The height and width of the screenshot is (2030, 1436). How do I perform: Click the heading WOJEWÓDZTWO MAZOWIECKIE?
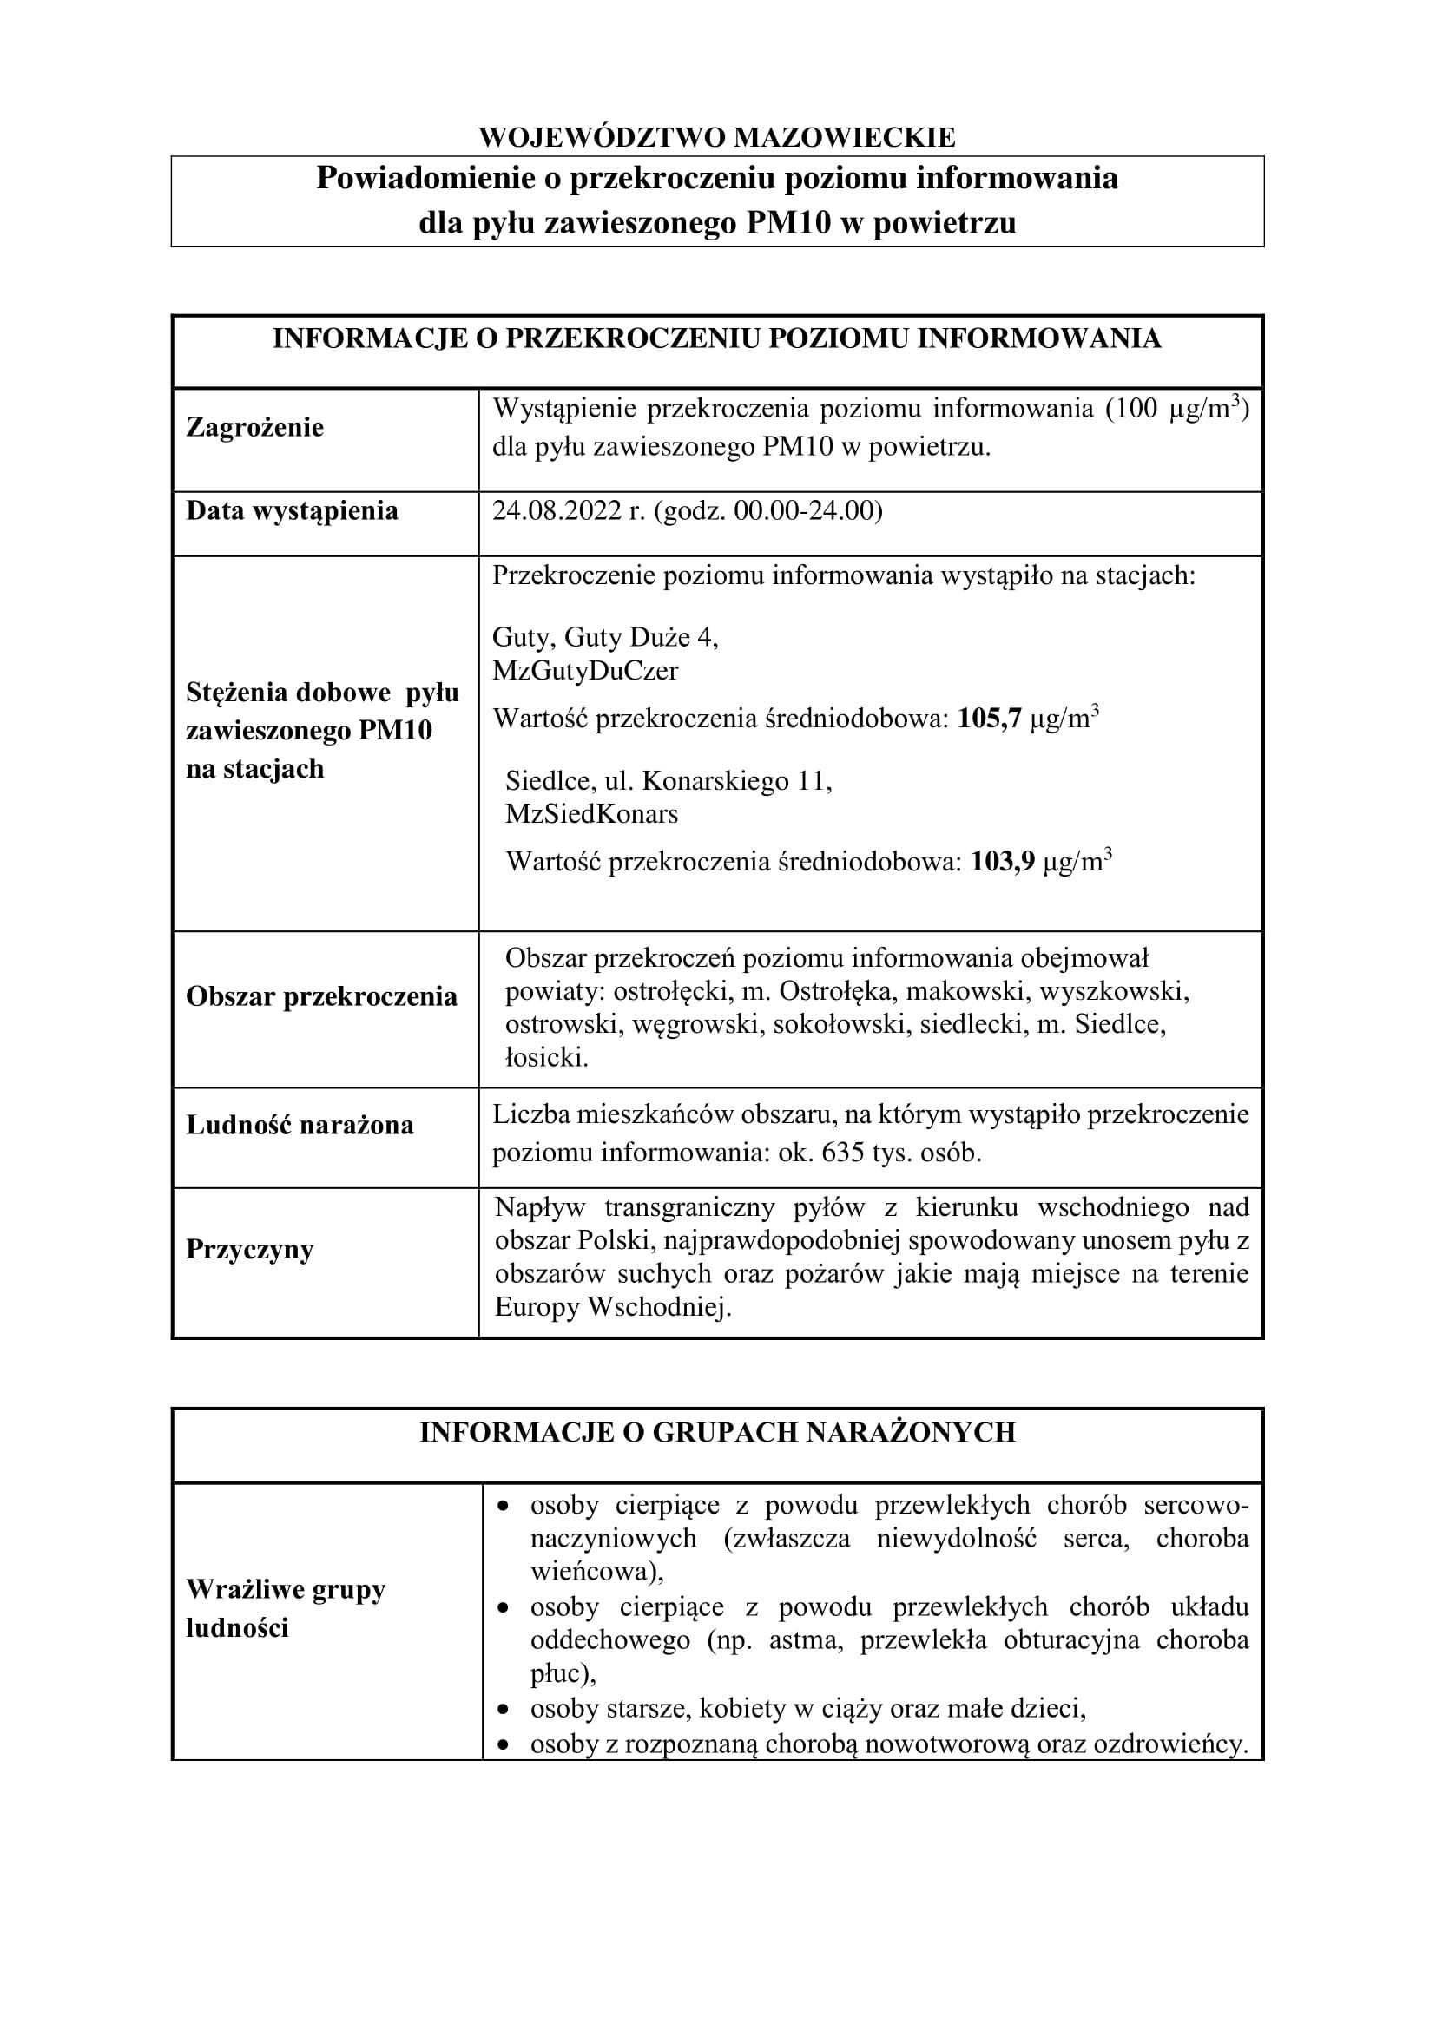717,137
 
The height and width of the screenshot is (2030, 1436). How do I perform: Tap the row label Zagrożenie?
254,428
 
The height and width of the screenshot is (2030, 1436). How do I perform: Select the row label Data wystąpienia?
292,511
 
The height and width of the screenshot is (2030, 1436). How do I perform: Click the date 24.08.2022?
557,511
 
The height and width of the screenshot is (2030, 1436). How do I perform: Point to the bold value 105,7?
990,718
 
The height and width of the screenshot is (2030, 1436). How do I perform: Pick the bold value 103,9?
1002,861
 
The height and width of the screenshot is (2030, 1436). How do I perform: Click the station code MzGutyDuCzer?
585,671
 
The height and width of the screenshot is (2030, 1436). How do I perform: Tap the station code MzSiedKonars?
591,814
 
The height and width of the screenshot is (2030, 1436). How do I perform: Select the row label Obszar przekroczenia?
322,996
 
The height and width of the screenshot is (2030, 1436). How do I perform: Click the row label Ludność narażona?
300,1125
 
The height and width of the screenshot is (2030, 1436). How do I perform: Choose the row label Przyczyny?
249,1249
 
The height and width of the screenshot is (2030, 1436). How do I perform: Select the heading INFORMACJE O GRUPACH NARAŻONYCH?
717,1432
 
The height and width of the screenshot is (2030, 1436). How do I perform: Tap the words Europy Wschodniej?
613,1307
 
